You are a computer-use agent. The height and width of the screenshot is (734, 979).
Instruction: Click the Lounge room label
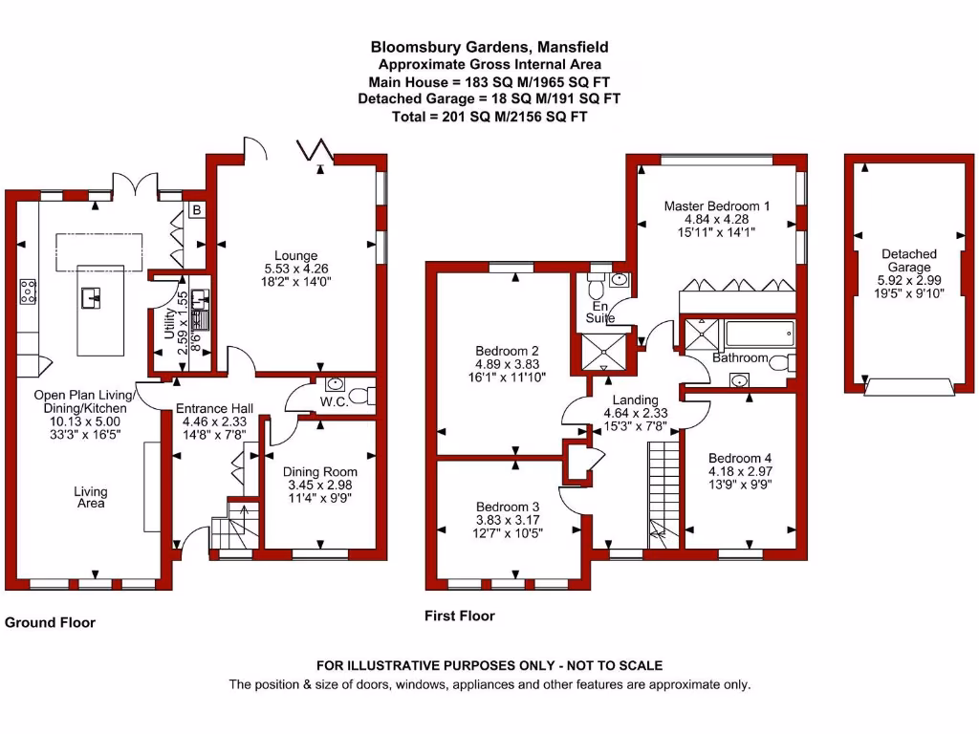pos(295,255)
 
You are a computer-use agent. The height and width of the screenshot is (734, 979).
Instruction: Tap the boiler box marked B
pos(196,210)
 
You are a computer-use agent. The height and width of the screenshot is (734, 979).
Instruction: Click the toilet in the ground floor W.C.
pos(362,396)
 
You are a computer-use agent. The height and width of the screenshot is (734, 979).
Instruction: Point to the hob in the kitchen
pos(27,291)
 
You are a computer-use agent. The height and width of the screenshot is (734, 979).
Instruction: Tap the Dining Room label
pos(319,471)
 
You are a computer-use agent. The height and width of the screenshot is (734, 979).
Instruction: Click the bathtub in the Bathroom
pos(758,335)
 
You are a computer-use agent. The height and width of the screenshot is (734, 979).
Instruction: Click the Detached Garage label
pos(909,261)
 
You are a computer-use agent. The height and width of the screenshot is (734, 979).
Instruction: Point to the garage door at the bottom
pos(909,387)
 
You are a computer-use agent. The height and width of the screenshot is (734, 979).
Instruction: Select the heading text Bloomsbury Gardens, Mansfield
pos(489,46)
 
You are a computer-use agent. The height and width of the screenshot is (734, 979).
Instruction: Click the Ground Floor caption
pos(51,622)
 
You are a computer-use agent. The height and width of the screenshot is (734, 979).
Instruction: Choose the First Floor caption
pos(460,616)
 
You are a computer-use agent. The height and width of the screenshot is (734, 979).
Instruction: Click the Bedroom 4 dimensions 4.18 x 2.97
pos(735,471)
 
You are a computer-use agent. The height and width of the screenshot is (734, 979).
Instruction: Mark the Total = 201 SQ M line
pos(489,117)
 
